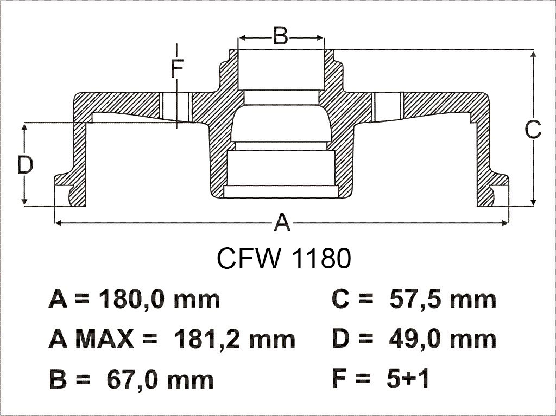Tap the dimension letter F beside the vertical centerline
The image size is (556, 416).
point(177,68)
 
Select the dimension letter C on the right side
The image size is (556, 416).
point(533,130)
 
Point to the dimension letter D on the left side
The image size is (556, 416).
point(25,165)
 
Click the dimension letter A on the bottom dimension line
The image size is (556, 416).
point(282,222)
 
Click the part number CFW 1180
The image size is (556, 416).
point(283,258)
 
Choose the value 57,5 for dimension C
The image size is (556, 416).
point(414,300)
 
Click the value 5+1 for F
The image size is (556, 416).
point(408,379)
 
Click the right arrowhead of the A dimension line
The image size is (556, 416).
point(504,223)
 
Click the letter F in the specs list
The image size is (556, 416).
point(339,379)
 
